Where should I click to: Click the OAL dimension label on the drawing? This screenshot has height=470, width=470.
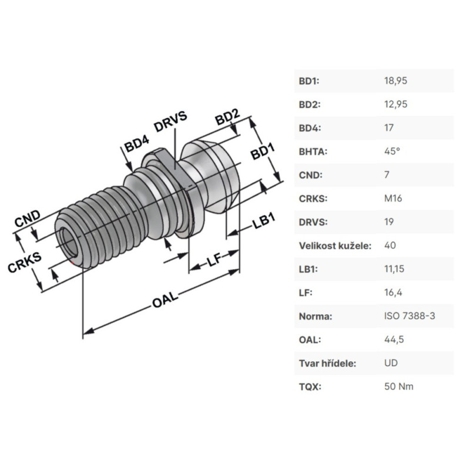click(x=165, y=300)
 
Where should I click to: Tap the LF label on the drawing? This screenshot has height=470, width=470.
click(x=214, y=260)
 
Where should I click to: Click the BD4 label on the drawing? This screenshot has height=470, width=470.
click(x=137, y=144)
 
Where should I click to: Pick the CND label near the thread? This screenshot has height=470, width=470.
click(x=27, y=219)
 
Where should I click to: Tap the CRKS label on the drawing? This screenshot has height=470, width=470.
click(x=25, y=263)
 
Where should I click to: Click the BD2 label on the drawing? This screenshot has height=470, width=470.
click(x=227, y=117)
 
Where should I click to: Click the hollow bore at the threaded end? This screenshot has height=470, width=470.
click(x=69, y=241)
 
